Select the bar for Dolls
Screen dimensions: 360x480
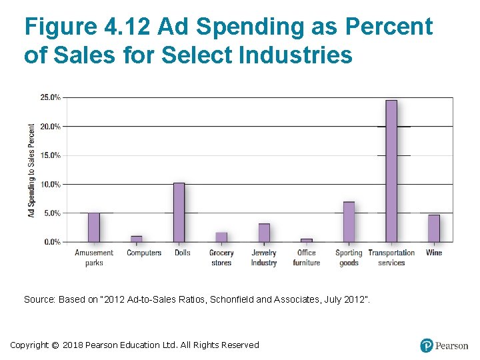pyautogui.click(x=179, y=212)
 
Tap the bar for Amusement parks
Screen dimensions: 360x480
pyautogui.click(x=94, y=227)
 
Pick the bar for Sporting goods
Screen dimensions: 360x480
pyautogui.click(x=349, y=221)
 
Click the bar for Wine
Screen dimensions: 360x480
pyautogui.click(x=434, y=228)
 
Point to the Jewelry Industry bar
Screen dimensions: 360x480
pyautogui.click(x=264, y=233)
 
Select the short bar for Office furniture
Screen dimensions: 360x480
pyautogui.click(x=307, y=240)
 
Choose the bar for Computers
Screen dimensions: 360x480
pyautogui.click(x=136, y=239)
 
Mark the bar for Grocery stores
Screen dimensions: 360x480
pyautogui.click(x=221, y=237)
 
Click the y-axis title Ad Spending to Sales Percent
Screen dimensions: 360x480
pyautogui.click(x=31, y=170)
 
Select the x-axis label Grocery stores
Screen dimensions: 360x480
pyautogui.click(x=221, y=258)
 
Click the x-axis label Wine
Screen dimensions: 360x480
pyautogui.click(x=434, y=253)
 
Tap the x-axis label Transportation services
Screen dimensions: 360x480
pyautogui.click(x=391, y=258)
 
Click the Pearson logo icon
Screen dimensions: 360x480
pyautogui.click(x=427, y=345)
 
